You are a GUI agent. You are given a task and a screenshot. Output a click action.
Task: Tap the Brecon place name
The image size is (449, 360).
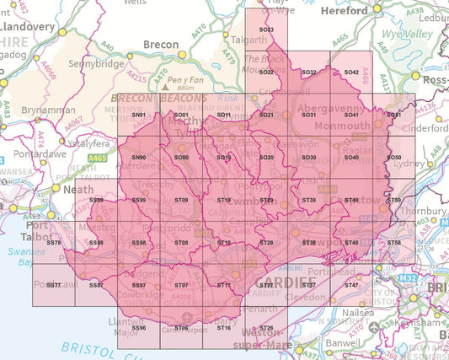pyautogui.click(x=162, y=45)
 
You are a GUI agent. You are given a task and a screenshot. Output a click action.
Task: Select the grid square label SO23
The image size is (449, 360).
pyautogui.click(x=267, y=30)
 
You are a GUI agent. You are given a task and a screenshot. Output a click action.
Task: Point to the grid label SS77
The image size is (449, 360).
pyautogui.click(x=54, y=286)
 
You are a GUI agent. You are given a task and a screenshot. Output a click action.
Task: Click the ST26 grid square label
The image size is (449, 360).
pyautogui.click(x=267, y=327)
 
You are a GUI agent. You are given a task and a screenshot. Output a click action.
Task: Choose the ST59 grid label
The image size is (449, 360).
pyautogui.click(x=393, y=200)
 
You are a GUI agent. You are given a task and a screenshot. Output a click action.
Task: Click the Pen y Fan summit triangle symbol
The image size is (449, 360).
pyautogui.click(x=166, y=87)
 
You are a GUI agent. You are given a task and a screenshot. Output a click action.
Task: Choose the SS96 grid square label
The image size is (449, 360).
pyautogui.click(x=139, y=327)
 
